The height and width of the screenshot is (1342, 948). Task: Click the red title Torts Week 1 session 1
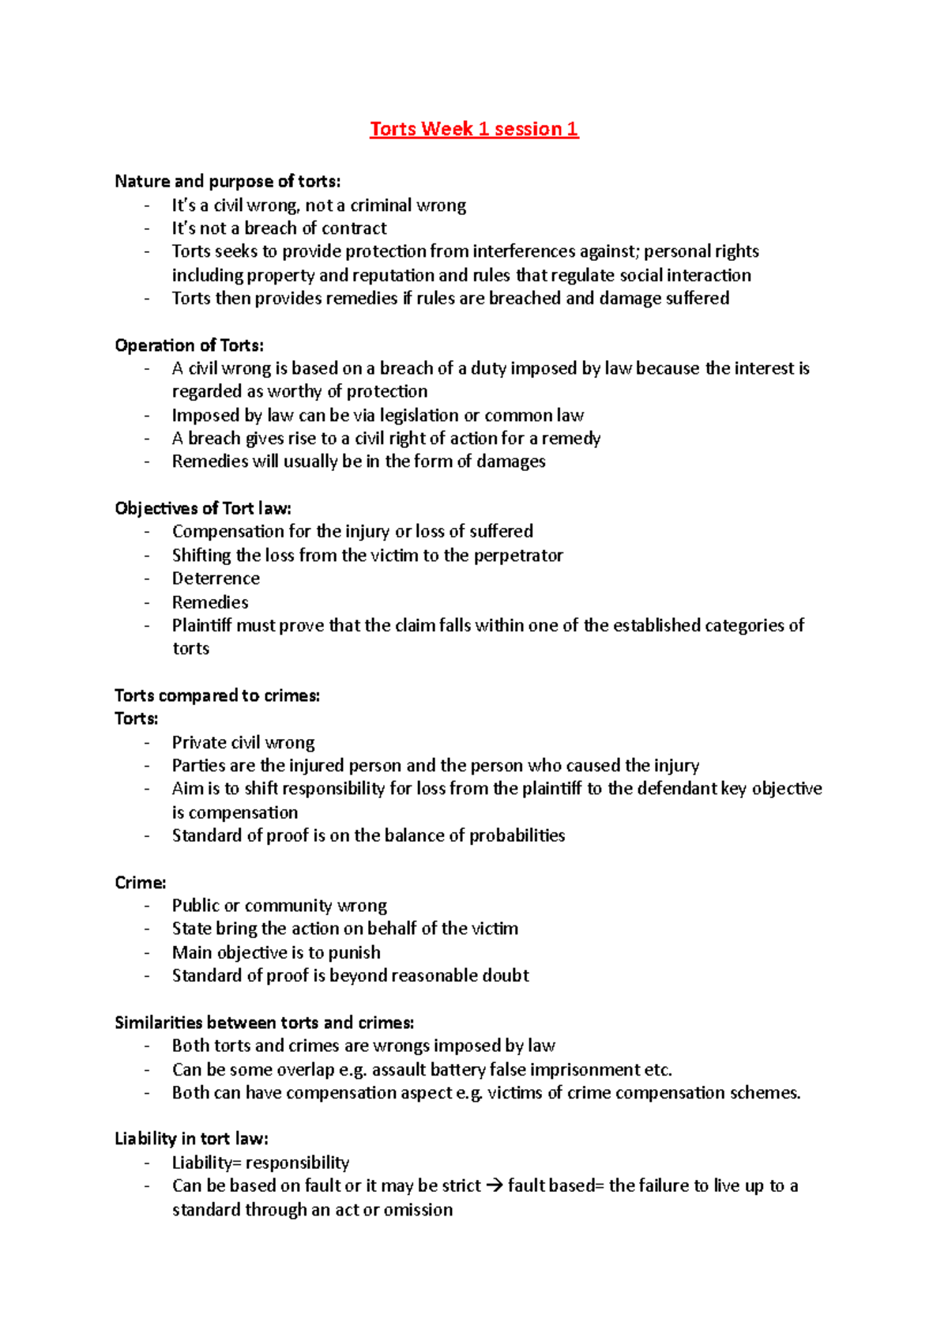[x=474, y=129]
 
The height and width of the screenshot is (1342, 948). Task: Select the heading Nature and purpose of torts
[x=228, y=181]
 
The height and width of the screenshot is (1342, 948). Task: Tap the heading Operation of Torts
[x=189, y=345]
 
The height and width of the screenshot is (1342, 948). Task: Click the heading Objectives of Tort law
[x=203, y=508]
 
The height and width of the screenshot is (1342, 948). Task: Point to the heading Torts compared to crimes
[x=217, y=696]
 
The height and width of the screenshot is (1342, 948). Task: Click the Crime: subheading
[x=141, y=882]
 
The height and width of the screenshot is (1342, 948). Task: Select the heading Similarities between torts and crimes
[x=264, y=1023]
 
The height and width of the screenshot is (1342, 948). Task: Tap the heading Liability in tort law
[x=191, y=1139]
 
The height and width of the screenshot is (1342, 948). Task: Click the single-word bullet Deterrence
[x=216, y=579]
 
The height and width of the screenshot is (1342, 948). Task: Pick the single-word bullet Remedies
[x=210, y=602]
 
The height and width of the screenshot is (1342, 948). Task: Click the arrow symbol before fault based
[x=495, y=1186]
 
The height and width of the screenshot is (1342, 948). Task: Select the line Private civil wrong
[x=243, y=743]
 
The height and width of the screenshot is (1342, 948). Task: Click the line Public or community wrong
[x=280, y=906]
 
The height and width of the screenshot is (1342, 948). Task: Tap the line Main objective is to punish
[x=276, y=952]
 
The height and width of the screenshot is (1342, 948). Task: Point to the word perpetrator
[x=518, y=556]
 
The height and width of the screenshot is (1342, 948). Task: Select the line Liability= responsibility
[x=261, y=1163]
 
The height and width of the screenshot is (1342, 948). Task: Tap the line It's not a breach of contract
[x=280, y=228]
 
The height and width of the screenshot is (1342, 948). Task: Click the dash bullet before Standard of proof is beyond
[x=147, y=976]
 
